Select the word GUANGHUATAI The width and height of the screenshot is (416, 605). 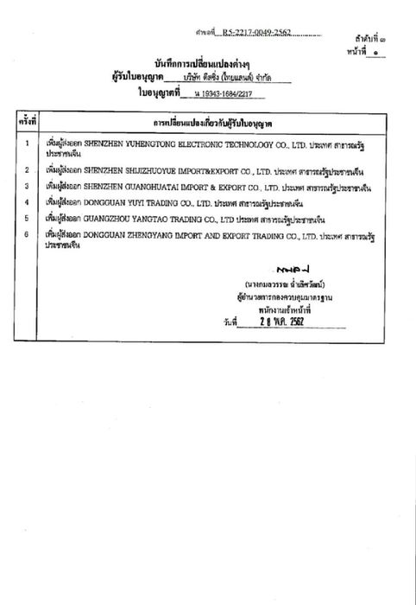click(x=143, y=186)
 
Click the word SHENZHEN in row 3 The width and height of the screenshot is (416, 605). click(x=104, y=186)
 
